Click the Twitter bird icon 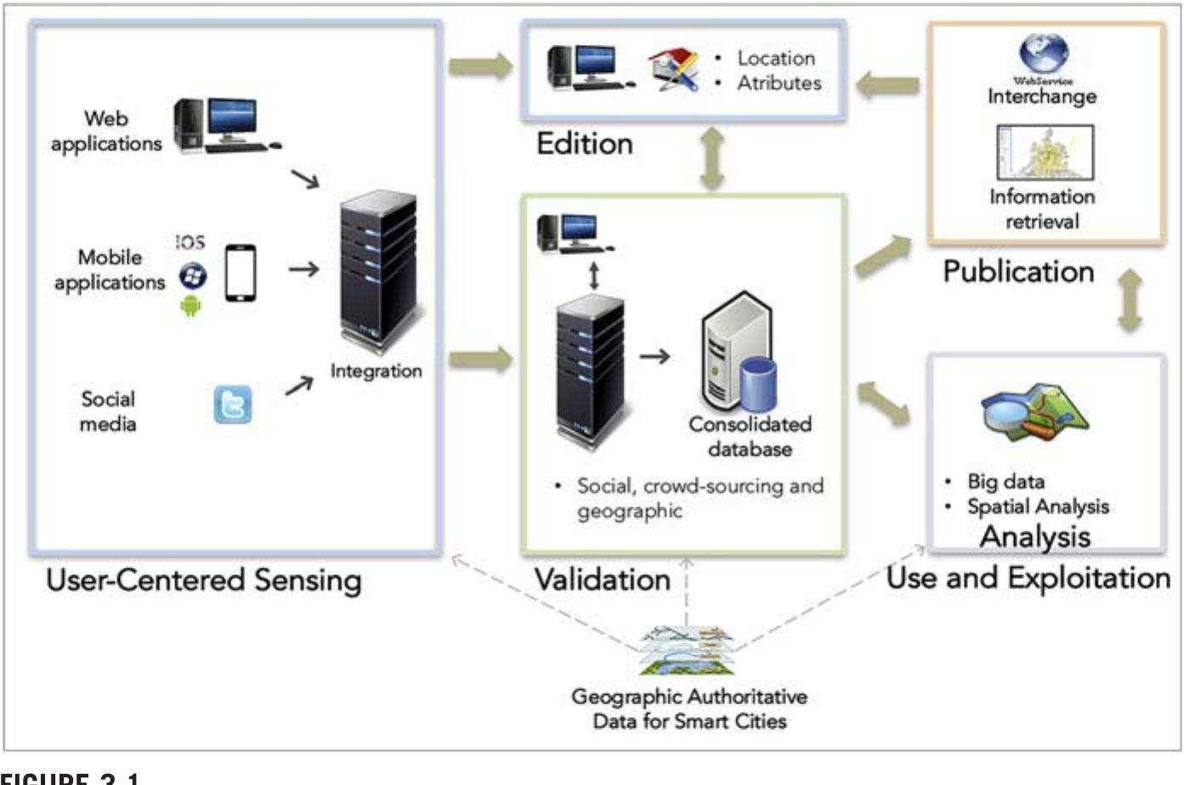coord(233,404)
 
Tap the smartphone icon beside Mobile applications coord(241,273)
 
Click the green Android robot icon coord(191,306)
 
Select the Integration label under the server coord(376,371)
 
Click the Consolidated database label coord(750,436)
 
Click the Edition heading coord(584,143)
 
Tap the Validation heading coord(602,579)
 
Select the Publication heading coord(1018,272)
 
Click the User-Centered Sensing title coord(204,580)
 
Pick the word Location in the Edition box coord(775,59)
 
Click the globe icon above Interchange coord(1043,53)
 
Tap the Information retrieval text coord(1042,209)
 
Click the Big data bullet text coord(1006,482)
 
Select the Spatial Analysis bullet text coord(1038,507)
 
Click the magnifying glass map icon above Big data coord(1034,412)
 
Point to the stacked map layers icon coord(686,651)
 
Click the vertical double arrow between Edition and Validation coord(712,158)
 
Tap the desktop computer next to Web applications coord(224,126)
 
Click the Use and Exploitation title coord(1028,579)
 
